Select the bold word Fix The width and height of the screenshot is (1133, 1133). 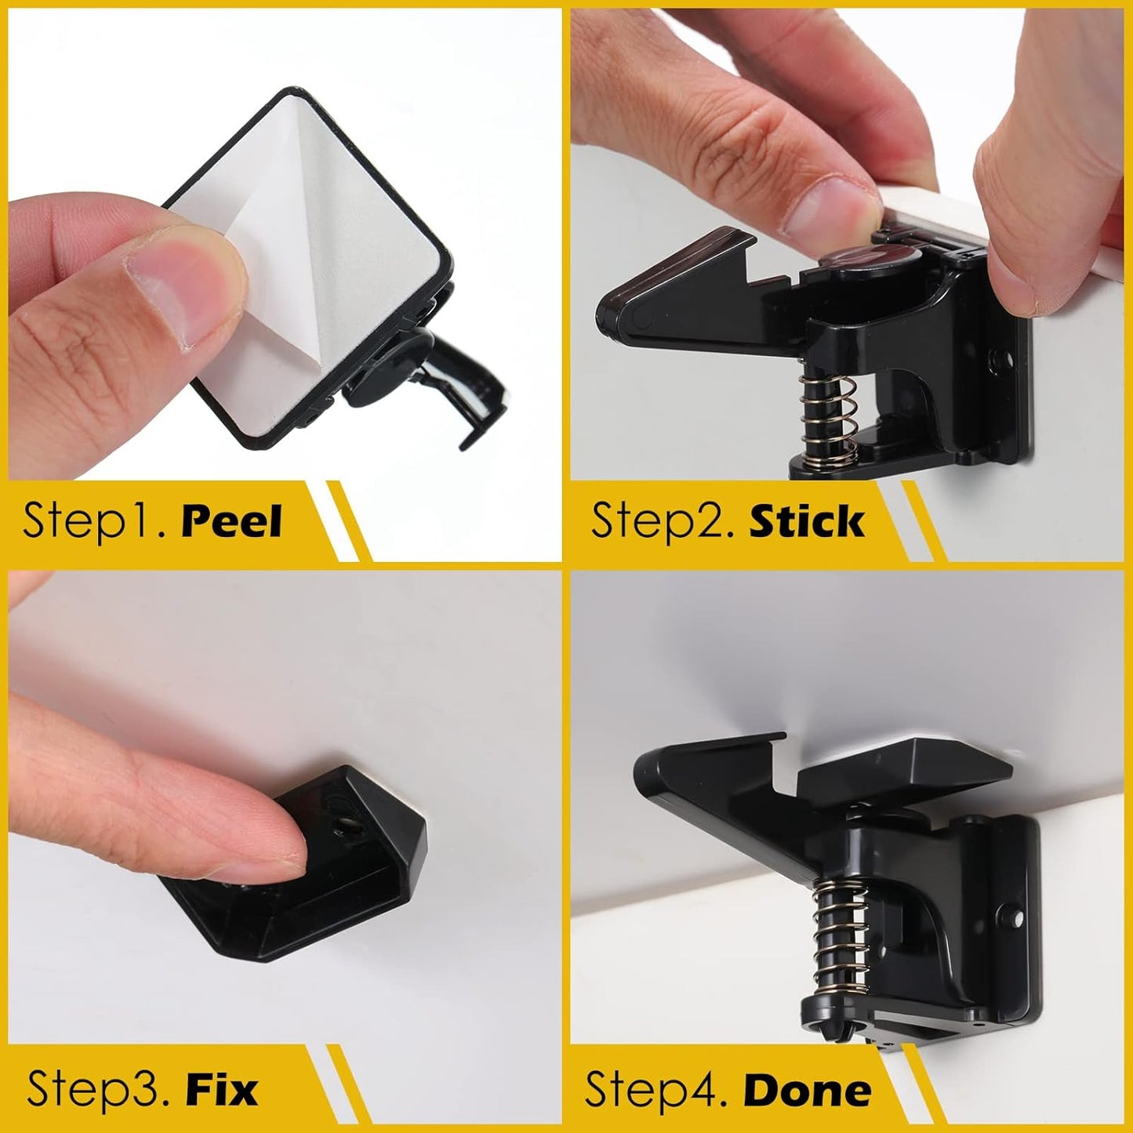(x=222, y=1090)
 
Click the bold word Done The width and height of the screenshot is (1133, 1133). (x=807, y=1090)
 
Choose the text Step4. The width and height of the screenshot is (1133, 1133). (x=655, y=1090)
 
